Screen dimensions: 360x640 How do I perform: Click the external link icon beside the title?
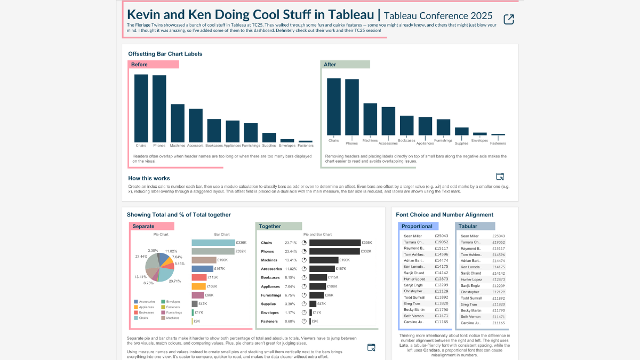tap(509, 20)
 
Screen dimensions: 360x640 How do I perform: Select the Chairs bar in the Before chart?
tap(141, 107)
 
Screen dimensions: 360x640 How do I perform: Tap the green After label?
tap(346, 65)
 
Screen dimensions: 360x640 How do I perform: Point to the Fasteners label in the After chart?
tap(498, 143)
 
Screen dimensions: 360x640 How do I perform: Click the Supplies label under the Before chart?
tap(269, 145)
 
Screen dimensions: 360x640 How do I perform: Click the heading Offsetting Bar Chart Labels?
tap(165, 54)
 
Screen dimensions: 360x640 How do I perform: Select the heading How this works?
tap(149, 178)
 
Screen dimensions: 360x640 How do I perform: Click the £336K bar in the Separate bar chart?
tap(213, 242)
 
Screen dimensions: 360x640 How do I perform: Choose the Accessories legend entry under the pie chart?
tap(147, 302)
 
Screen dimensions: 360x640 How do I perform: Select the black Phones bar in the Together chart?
tap(334, 251)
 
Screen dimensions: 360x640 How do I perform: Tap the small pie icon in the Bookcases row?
tap(304, 277)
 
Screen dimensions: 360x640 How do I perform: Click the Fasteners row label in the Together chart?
tap(270, 321)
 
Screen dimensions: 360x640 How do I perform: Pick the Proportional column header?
tap(418, 226)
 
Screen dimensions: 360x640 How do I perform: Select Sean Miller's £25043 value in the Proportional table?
tap(441, 236)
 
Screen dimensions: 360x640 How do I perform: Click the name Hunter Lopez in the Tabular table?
tap(471, 279)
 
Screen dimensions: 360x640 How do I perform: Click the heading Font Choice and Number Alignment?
tap(445, 215)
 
